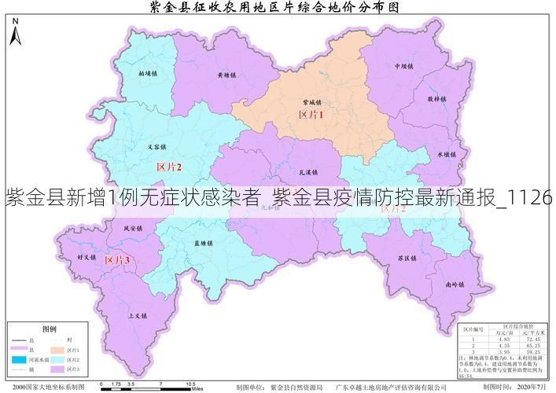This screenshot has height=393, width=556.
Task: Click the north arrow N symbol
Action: [14, 35]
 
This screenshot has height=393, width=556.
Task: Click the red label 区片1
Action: [311, 115]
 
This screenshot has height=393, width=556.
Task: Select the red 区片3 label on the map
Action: [118, 260]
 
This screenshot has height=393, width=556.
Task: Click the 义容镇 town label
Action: [157, 147]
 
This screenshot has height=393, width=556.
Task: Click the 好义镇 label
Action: [86, 257]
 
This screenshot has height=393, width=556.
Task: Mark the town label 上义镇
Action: [137, 315]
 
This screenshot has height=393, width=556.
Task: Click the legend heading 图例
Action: [49, 329]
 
